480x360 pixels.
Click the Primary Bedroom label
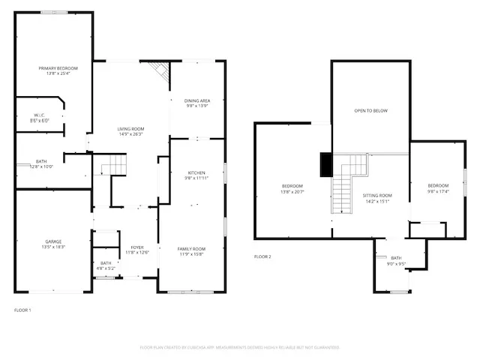coord(58,68)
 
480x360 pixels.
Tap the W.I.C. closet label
coord(39,115)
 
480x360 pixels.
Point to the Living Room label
coord(130,129)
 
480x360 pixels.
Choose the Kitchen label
coord(196,172)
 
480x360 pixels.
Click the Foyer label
coord(137,247)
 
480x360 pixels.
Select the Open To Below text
coord(370,110)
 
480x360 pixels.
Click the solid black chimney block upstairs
coord(325,164)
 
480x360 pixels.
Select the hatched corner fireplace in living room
coord(159,72)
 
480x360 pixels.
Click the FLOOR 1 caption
coord(23,309)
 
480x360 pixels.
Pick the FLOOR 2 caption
coord(262,256)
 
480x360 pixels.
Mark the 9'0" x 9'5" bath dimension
coord(396,264)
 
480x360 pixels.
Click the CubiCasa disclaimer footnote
coord(240,347)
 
